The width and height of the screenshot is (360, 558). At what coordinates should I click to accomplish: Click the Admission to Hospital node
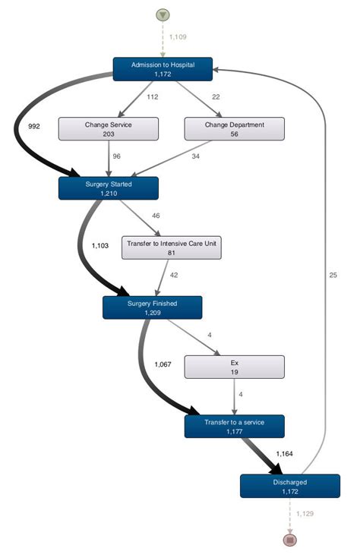[163, 69]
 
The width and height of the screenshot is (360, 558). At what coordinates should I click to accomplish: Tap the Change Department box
[235, 128]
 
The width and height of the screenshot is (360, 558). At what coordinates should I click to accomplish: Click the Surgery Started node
[109, 188]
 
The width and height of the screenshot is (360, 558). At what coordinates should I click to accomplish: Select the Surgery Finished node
[153, 307]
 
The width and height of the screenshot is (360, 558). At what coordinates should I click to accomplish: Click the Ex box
[235, 367]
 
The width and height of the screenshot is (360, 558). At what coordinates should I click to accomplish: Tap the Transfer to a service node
[234, 426]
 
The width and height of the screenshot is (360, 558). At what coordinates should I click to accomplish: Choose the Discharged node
[289, 486]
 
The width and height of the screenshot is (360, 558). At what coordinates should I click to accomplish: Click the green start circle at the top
[163, 15]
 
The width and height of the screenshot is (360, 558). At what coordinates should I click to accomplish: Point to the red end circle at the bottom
[289, 540]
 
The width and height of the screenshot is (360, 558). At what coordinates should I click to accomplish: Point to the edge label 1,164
[283, 454]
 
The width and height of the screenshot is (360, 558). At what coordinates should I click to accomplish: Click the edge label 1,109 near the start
[177, 36]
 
